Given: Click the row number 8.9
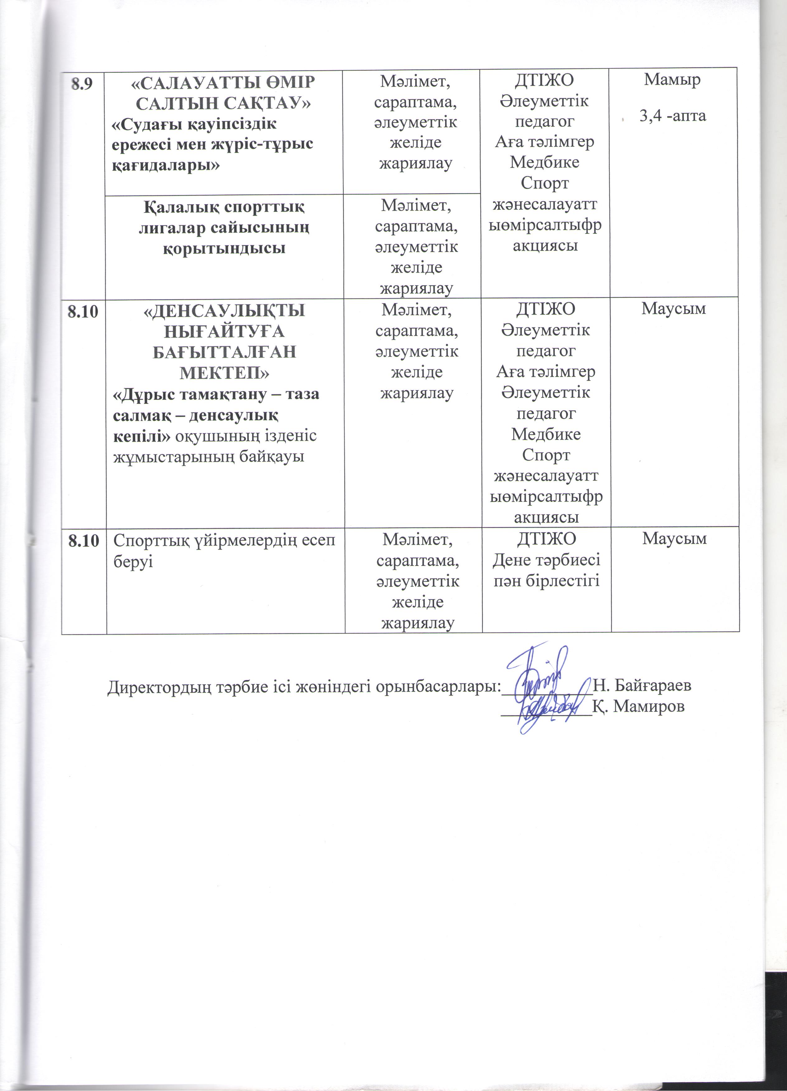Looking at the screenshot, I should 82,85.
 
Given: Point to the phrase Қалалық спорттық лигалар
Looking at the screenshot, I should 224,217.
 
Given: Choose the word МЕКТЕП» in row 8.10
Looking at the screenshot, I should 224,372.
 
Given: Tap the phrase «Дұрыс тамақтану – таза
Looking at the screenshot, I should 216,394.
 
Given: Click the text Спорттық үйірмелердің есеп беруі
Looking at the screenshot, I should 224,549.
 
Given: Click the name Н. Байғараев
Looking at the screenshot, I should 643,684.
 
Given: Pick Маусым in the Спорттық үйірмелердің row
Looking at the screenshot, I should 674,539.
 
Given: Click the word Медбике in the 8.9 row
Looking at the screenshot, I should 544,162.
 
